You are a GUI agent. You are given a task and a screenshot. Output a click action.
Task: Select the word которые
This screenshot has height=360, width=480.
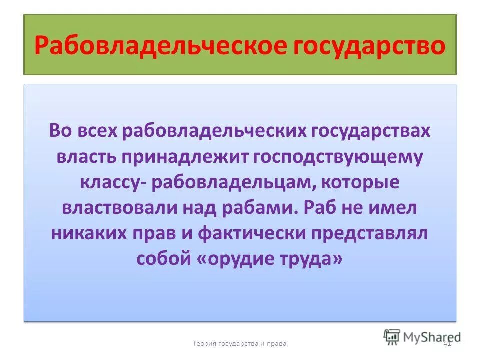(362, 182)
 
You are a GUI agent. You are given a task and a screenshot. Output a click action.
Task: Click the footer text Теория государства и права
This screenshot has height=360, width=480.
(240, 344)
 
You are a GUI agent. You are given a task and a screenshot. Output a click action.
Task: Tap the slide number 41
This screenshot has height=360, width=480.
(447, 344)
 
